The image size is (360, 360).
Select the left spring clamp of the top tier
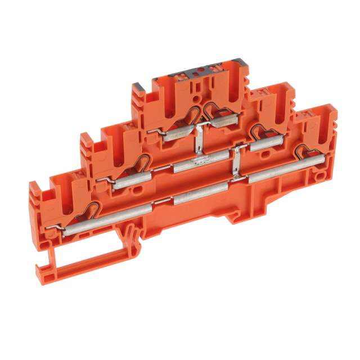point(191,113)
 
